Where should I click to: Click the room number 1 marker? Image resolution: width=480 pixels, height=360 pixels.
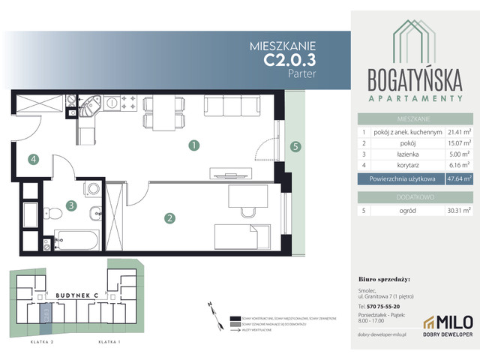tap(193, 145)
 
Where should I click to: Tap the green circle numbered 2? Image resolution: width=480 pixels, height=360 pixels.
tap(170, 218)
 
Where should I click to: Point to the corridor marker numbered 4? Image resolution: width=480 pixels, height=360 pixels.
tap(33, 158)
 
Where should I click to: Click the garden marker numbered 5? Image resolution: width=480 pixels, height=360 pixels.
tap(296, 147)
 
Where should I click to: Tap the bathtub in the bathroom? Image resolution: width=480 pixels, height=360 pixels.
tap(78, 241)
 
